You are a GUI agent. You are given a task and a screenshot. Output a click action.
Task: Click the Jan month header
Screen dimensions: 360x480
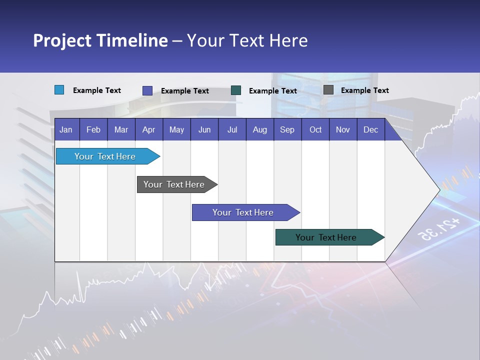(66, 129)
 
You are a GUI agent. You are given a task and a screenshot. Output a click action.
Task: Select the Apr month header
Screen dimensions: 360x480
(148, 129)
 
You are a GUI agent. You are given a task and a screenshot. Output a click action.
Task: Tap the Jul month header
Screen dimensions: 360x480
(232, 129)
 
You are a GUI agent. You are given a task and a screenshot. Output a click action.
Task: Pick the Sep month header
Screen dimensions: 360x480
(287, 129)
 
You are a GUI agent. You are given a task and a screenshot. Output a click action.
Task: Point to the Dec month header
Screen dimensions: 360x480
(370, 129)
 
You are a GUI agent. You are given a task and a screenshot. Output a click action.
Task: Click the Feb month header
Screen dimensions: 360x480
(93, 129)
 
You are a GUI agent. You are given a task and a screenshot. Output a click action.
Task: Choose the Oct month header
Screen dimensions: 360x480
(315, 129)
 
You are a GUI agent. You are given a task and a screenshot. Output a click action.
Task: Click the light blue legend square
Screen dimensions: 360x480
(59, 90)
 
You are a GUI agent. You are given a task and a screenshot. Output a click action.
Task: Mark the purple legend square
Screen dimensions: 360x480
(147, 90)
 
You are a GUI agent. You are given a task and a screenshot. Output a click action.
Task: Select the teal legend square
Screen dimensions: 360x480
(236, 90)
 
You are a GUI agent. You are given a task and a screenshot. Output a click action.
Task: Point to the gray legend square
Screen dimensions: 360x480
(328, 90)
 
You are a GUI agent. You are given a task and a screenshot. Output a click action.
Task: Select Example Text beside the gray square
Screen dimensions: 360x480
(364, 90)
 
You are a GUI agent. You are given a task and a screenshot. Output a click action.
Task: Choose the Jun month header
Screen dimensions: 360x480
(204, 129)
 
